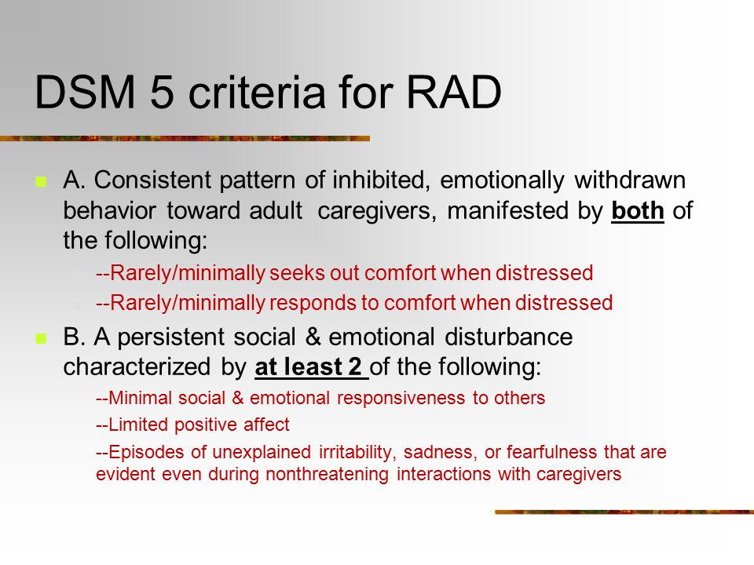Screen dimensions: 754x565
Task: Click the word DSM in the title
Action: pyautogui.click(x=85, y=92)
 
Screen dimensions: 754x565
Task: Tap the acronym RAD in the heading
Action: pyautogui.click(x=454, y=92)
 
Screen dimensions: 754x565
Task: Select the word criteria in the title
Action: pyautogui.click(x=257, y=92)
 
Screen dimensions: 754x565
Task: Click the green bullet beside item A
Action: pyautogui.click(x=41, y=181)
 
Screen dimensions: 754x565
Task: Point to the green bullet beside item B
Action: pyautogui.click(x=41, y=339)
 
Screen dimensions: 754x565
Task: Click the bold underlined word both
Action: pyautogui.click(x=638, y=210)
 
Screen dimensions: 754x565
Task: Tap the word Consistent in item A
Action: pyautogui.click(x=152, y=180)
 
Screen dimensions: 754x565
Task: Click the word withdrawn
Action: pyautogui.click(x=630, y=180)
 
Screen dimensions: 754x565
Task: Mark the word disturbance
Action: pyautogui.click(x=509, y=337)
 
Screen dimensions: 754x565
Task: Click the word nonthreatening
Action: pyautogui.click(x=327, y=474)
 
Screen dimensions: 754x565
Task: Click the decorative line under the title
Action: pyautogui.click(x=185, y=138)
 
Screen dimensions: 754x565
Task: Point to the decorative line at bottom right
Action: pyautogui.click(x=624, y=512)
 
